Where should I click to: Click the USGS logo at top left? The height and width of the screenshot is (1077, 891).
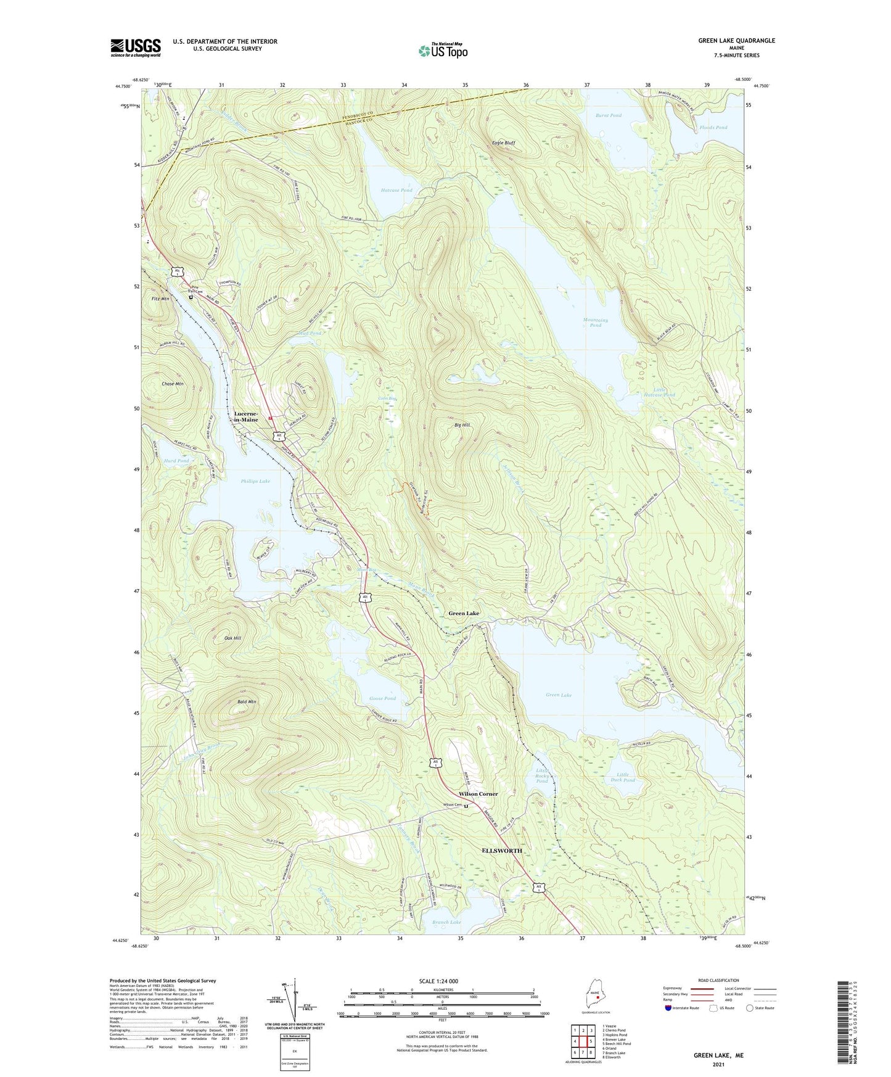coord(136,47)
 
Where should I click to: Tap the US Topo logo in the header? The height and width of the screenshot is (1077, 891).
coord(443,51)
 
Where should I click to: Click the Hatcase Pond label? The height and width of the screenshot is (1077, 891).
coord(396,191)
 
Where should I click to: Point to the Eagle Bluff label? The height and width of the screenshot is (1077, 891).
coord(503,143)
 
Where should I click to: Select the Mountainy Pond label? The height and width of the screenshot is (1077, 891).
coord(595,323)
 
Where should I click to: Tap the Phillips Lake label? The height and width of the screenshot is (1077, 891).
coord(255,481)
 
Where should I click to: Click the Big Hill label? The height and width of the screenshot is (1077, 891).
coord(462,426)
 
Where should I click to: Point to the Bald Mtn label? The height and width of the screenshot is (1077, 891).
coord(247,702)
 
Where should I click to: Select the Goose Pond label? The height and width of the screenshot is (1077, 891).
coord(382,698)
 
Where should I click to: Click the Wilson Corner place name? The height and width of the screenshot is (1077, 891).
coord(478,794)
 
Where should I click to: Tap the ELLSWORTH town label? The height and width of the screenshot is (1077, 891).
coord(501,851)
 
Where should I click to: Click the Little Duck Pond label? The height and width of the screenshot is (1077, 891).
coord(625,777)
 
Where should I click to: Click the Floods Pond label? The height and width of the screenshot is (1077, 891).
coord(713,128)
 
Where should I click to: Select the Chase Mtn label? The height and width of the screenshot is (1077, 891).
coord(173,384)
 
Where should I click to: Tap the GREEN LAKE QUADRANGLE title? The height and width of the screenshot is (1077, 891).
coord(736,41)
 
